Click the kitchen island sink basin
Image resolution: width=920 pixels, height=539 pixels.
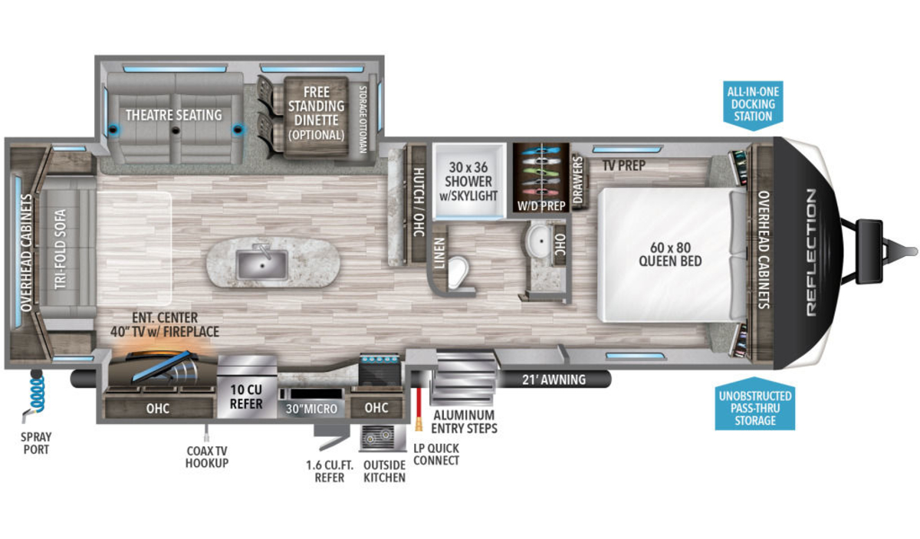(x=262, y=265)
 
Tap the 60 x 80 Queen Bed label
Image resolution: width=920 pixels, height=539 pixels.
(x=670, y=255)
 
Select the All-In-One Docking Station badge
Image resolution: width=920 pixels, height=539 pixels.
(x=753, y=105)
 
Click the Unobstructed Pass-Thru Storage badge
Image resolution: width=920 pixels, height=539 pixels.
(x=755, y=404)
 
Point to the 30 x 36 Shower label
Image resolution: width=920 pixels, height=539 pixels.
(x=468, y=181)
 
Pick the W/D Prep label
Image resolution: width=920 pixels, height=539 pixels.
(x=541, y=205)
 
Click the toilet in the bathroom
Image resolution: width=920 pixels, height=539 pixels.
(x=458, y=271)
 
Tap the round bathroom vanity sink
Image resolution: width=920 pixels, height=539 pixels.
(x=540, y=241)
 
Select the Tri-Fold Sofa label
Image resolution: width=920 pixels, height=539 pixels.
(x=60, y=249)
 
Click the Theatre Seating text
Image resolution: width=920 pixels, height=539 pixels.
(x=174, y=115)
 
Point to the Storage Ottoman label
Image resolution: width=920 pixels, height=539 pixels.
(x=363, y=119)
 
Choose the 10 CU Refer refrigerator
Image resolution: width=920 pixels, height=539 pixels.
(x=246, y=386)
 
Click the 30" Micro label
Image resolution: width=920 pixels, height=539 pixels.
(x=311, y=409)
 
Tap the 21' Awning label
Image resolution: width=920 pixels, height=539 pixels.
(x=554, y=380)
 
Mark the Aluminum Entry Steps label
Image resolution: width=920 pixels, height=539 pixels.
(x=464, y=422)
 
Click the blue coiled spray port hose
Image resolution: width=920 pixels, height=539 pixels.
(x=38, y=393)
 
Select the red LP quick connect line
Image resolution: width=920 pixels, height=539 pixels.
(x=419, y=402)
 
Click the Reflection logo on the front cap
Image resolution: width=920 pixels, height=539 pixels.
(x=811, y=252)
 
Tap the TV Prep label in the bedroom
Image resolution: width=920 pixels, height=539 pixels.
(x=624, y=166)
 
